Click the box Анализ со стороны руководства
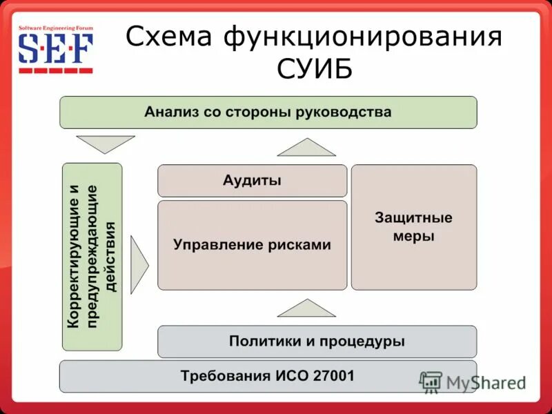coord(268,112)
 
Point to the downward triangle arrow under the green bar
coord(106,144)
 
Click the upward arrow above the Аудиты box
coord(306,148)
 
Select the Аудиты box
coord(252,181)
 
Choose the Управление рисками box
coord(252,245)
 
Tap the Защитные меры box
coord(413,227)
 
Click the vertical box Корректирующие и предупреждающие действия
coord(92,256)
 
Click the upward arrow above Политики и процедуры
coord(306,308)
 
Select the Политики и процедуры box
coord(317,341)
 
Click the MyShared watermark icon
coord(431,382)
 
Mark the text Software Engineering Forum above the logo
coord(55,27)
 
